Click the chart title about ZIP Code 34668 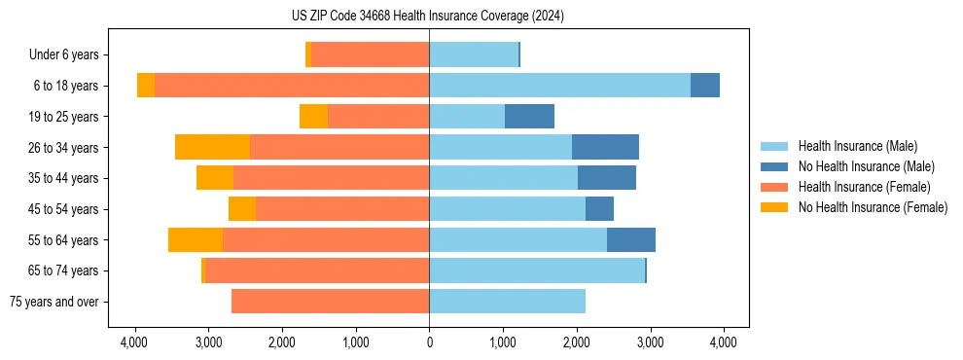pos(428,17)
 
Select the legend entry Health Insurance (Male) pos(857,146)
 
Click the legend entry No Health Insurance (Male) pos(866,166)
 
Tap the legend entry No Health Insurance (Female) pos(873,207)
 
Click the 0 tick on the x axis pos(429,342)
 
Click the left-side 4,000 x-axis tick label pos(134,342)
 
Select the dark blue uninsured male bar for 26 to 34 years pos(605,147)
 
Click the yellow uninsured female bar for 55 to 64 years pos(196,239)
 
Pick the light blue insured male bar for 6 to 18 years pos(559,86)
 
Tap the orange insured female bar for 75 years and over pos(330,302)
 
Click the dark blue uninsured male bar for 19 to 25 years pos(529,117)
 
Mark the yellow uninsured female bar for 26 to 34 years pos(212,147)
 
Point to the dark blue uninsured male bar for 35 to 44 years pos(607,178)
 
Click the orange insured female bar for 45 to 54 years pos(342,209)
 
